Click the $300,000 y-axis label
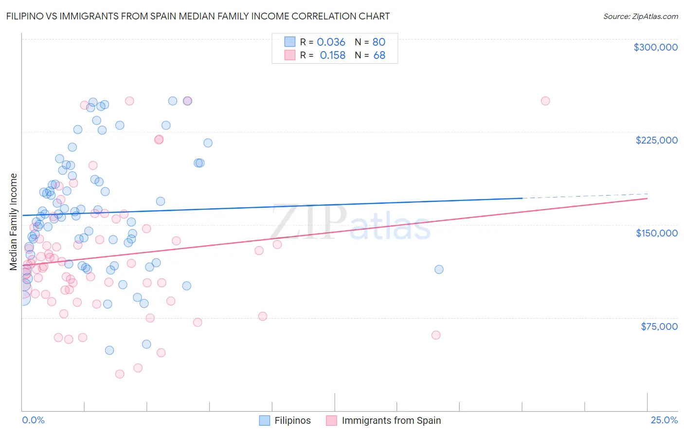(x=655, y=47)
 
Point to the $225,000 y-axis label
(x=656, y=140)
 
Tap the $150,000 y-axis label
(x=656, y=233)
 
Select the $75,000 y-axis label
(x=659, y=326)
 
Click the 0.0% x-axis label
(x=33, y=420)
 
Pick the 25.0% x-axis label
(x=664, y=420)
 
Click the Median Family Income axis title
(x=14, y=222)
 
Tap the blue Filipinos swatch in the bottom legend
(x=265, y=420)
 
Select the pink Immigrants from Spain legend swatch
(x=332, y=420)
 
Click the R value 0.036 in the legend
(x=331, y=42)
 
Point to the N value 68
(x=379, y=55)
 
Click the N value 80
(x=378, y=42)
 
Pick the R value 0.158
(x=332, y=55)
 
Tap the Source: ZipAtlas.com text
(x=640, y=16)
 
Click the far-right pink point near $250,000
(x=545, y=101)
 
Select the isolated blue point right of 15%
(x=439, y=269)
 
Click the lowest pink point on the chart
(x=120, y=374)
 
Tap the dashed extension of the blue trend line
(x=584, y=196)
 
